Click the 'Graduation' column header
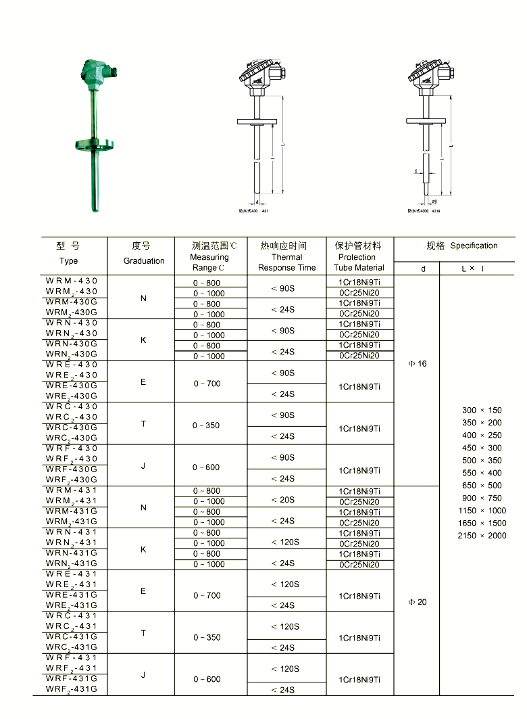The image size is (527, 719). [x=143, y=260]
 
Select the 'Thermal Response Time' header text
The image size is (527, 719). [x=286, y=262]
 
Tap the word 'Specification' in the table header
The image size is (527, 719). [x=474, y=246]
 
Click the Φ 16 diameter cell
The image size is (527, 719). [x=418, y=364]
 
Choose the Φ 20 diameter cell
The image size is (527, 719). [x=418, y=602]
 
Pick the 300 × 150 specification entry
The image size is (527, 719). [x=482, y=411]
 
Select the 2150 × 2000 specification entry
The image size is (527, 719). [x=482, y=536]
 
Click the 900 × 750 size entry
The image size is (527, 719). [x=482, y=498]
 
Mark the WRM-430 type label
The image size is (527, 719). [x=72, y=281]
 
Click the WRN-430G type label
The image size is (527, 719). [x=72, y=344]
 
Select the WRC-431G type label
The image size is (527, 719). [x=72, y=636]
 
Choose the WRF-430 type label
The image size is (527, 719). [x=72, y=448]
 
